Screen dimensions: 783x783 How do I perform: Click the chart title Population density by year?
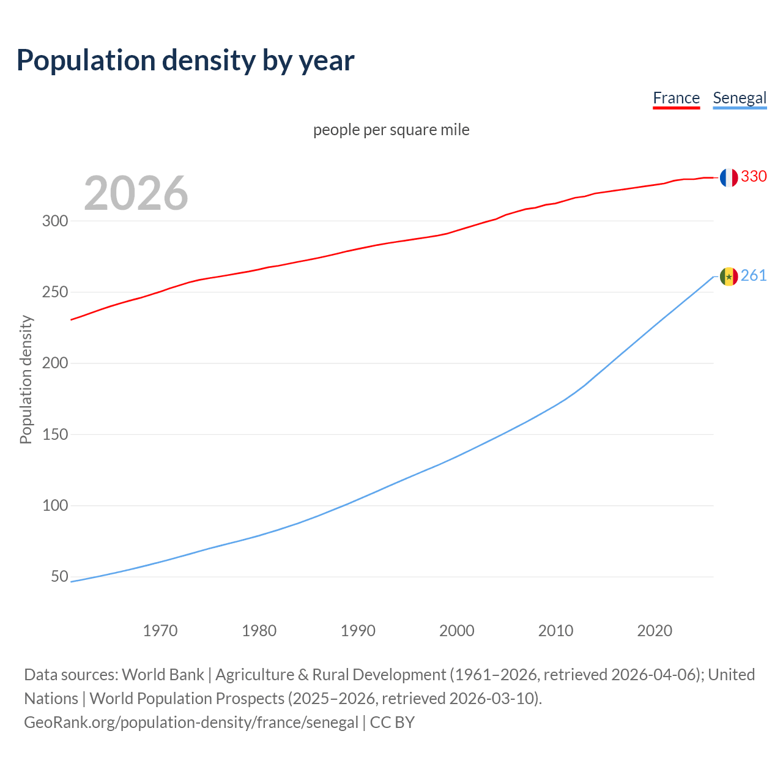(x=185, y=61)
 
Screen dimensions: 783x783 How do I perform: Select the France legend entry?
(x=676, y=98)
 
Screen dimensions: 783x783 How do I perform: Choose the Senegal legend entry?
(x=740, y=98)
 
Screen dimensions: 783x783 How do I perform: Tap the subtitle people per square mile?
(x=391, y=130)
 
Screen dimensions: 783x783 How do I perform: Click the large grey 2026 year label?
(x=136, y=193)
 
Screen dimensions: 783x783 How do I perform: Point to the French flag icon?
(x=728, y=177)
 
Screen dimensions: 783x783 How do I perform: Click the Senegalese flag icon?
(x=728, y=276)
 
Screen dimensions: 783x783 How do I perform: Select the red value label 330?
(x=754, y=176)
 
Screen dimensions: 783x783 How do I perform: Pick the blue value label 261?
(x=754, y=275)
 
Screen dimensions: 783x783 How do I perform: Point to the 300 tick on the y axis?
(x=54, y=221)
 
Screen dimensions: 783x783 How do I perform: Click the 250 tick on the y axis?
(x=54, y=292)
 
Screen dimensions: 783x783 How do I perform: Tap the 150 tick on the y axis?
(x=54, y=434)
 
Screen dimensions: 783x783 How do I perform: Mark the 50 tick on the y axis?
(x=59, y=576)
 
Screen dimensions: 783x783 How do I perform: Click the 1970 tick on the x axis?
(x=160, y=630)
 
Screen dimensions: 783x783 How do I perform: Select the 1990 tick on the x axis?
(x=358, y=630)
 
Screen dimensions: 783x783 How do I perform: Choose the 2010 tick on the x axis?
(x=555, y=630)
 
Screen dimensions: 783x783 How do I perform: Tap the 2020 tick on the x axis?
(x=655, y=630)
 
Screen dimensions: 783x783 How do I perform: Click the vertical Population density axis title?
(x=26, y=379)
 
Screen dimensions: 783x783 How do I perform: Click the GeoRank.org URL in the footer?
(x=191, y=722)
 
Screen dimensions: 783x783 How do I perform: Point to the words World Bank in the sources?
(x=163, y=674)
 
